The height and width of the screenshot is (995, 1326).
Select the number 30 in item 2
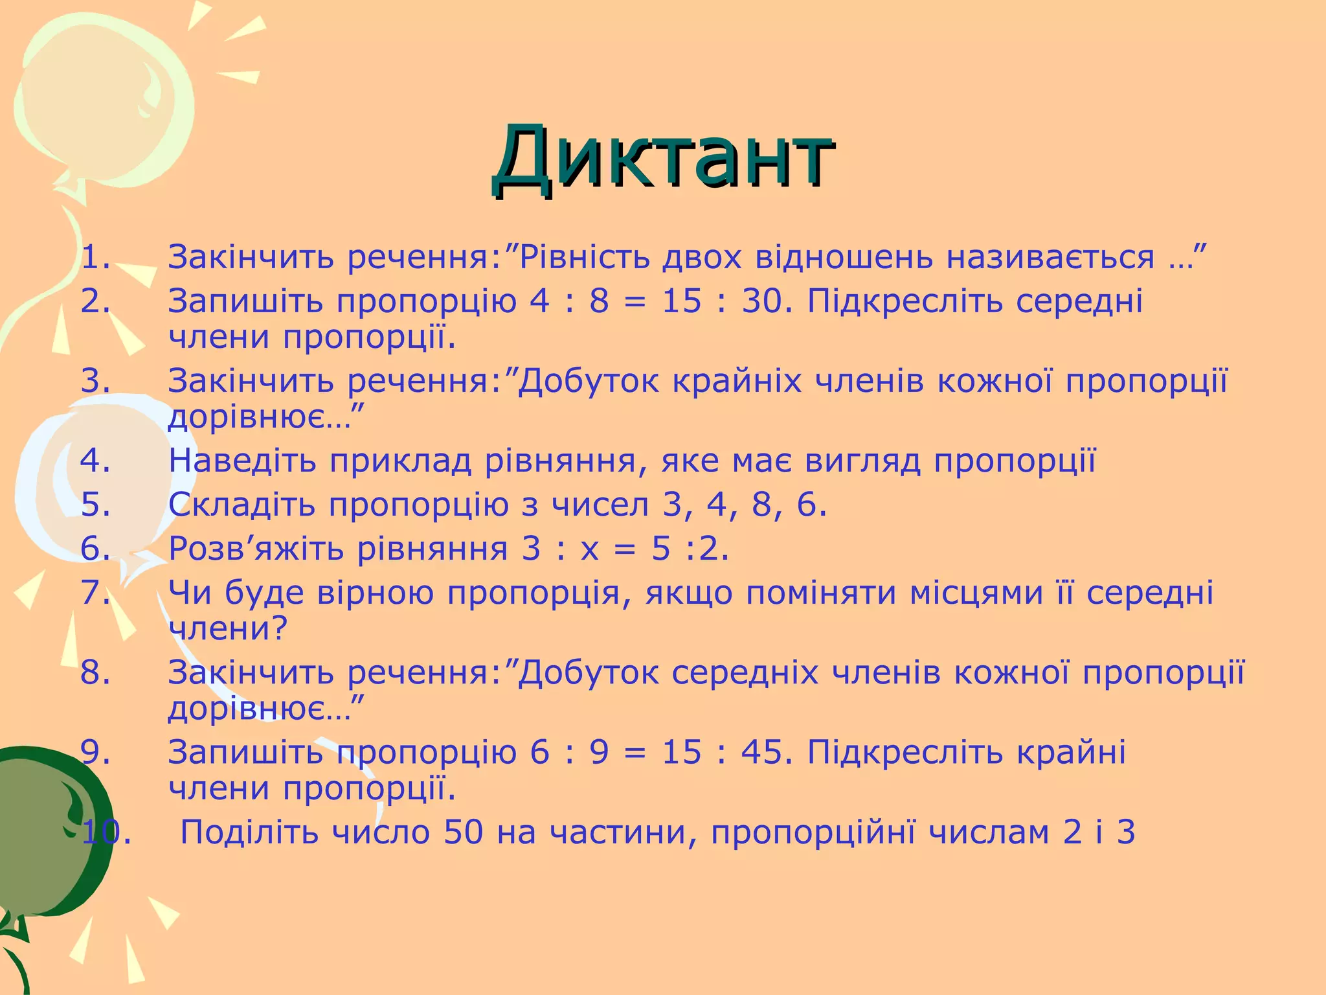[761, 301]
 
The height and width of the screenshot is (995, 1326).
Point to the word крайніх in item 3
[738, 381]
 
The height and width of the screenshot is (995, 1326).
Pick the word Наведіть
[243, 461]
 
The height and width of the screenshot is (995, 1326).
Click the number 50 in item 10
[464, 832]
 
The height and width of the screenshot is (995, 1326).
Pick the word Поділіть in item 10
[249, 832]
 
